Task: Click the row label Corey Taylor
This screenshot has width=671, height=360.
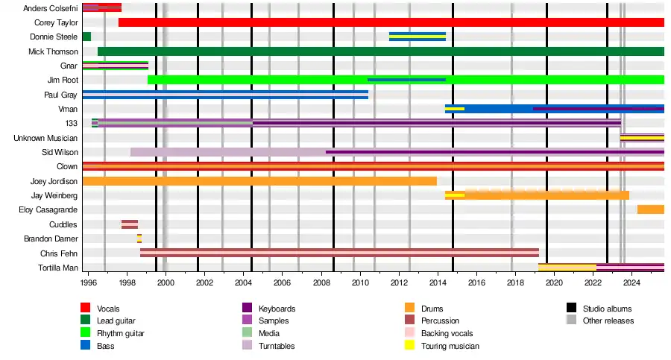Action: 56,22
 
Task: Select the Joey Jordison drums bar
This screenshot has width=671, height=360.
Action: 259,180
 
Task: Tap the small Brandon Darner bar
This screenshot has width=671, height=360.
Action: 139,239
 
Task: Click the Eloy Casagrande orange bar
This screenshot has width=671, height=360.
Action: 650,209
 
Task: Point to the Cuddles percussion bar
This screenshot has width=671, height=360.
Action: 130,224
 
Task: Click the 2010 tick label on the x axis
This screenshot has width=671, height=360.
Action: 360,282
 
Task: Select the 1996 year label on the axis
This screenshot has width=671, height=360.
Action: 88,282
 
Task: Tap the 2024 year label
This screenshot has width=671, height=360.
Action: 631,282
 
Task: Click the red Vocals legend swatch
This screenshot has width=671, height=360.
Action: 86,309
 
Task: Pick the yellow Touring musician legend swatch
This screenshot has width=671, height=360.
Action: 409,346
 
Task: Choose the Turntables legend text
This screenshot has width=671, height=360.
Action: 277,346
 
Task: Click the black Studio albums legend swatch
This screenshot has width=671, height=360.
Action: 572,309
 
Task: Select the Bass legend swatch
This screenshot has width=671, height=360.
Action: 86,346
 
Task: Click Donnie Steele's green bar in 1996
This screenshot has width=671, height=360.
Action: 86,37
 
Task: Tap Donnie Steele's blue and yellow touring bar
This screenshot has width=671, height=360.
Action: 417,37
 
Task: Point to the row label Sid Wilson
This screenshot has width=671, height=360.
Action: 60,152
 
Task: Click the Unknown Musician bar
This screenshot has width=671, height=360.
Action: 642,138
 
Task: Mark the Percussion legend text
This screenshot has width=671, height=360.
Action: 441,321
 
